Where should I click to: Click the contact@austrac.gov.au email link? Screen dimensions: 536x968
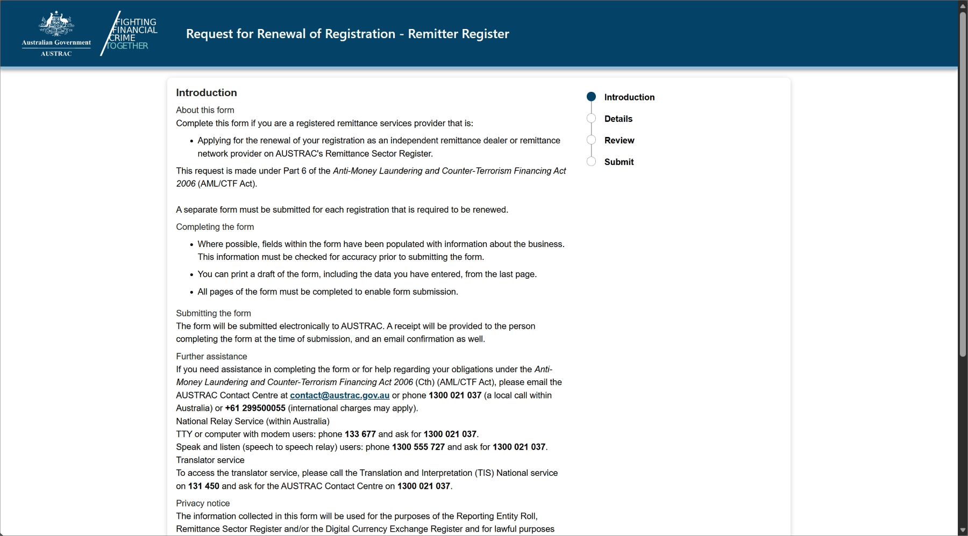(x=339, y=395)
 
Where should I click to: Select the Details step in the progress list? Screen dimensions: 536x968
(x=618, y=119)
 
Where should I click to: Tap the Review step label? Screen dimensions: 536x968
(x=619, y=140)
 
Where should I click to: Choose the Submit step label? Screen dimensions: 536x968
(x=618, y=162)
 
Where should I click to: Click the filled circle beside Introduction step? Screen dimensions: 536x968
(x=591, y=97)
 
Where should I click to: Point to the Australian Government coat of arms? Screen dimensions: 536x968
(x=56, y=24)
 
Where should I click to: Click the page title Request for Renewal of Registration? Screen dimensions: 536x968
(x=347, y=34)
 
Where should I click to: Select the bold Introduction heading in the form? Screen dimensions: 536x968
(x=206, y=92)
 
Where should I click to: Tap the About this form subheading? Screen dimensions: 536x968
(x=205, y=110)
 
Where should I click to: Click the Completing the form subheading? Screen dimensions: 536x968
(x=215, y=227)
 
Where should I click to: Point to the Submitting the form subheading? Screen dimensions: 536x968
(x=213, y=313)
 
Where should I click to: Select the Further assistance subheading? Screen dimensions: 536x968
(x=211, y=356)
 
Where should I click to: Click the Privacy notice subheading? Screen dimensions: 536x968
(x=203, y=503)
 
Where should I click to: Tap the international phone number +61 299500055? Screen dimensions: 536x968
(x=255, y=408)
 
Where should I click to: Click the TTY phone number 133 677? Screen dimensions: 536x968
(x=360, y=434)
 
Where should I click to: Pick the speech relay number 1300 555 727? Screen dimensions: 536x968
(x=418, y=447)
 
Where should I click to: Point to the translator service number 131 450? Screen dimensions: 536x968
(x=203, y=486)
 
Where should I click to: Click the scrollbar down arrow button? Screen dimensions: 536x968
(x=963, y=531)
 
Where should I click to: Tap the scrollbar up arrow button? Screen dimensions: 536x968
(x=963, y=5)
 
